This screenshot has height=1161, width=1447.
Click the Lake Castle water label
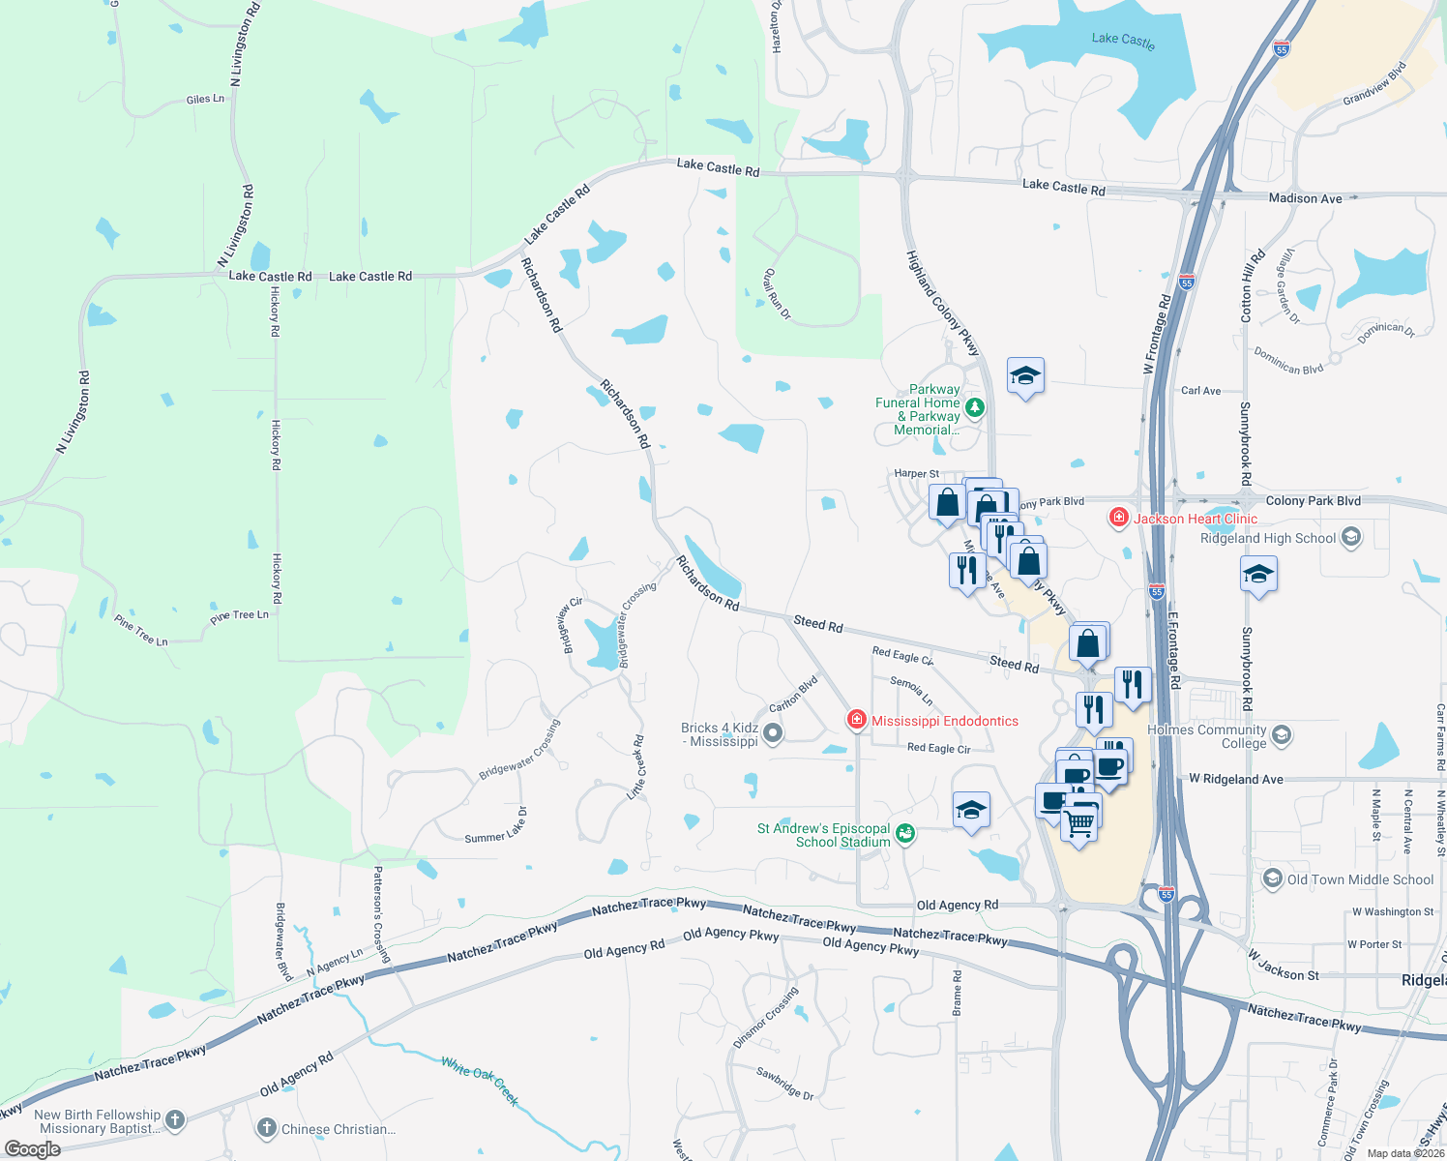1122,40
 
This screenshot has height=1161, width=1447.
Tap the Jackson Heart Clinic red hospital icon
1119,518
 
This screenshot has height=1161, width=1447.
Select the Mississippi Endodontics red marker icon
856,720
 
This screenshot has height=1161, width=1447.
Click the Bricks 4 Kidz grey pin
773,734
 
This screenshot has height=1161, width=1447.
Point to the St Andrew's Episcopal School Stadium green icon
905,833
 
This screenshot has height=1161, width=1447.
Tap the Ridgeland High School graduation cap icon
1351,537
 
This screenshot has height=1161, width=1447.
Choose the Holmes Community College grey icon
1282,735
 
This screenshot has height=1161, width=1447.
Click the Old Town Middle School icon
1273,878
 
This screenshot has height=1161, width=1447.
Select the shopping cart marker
1078,824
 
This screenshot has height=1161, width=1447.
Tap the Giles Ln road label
205,99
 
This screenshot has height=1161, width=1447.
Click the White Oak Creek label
481,1080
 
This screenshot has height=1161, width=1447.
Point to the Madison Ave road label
1305,198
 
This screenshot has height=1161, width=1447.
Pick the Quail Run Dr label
777,293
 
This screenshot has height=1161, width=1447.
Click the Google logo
33,1149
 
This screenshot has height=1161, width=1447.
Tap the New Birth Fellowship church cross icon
175,1120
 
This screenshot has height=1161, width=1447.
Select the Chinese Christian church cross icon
267,1128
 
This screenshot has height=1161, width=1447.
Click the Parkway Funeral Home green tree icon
975,407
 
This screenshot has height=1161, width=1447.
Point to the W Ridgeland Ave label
1235,779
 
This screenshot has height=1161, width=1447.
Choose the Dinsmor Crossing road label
766,1018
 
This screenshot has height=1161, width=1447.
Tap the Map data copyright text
1405,1153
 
